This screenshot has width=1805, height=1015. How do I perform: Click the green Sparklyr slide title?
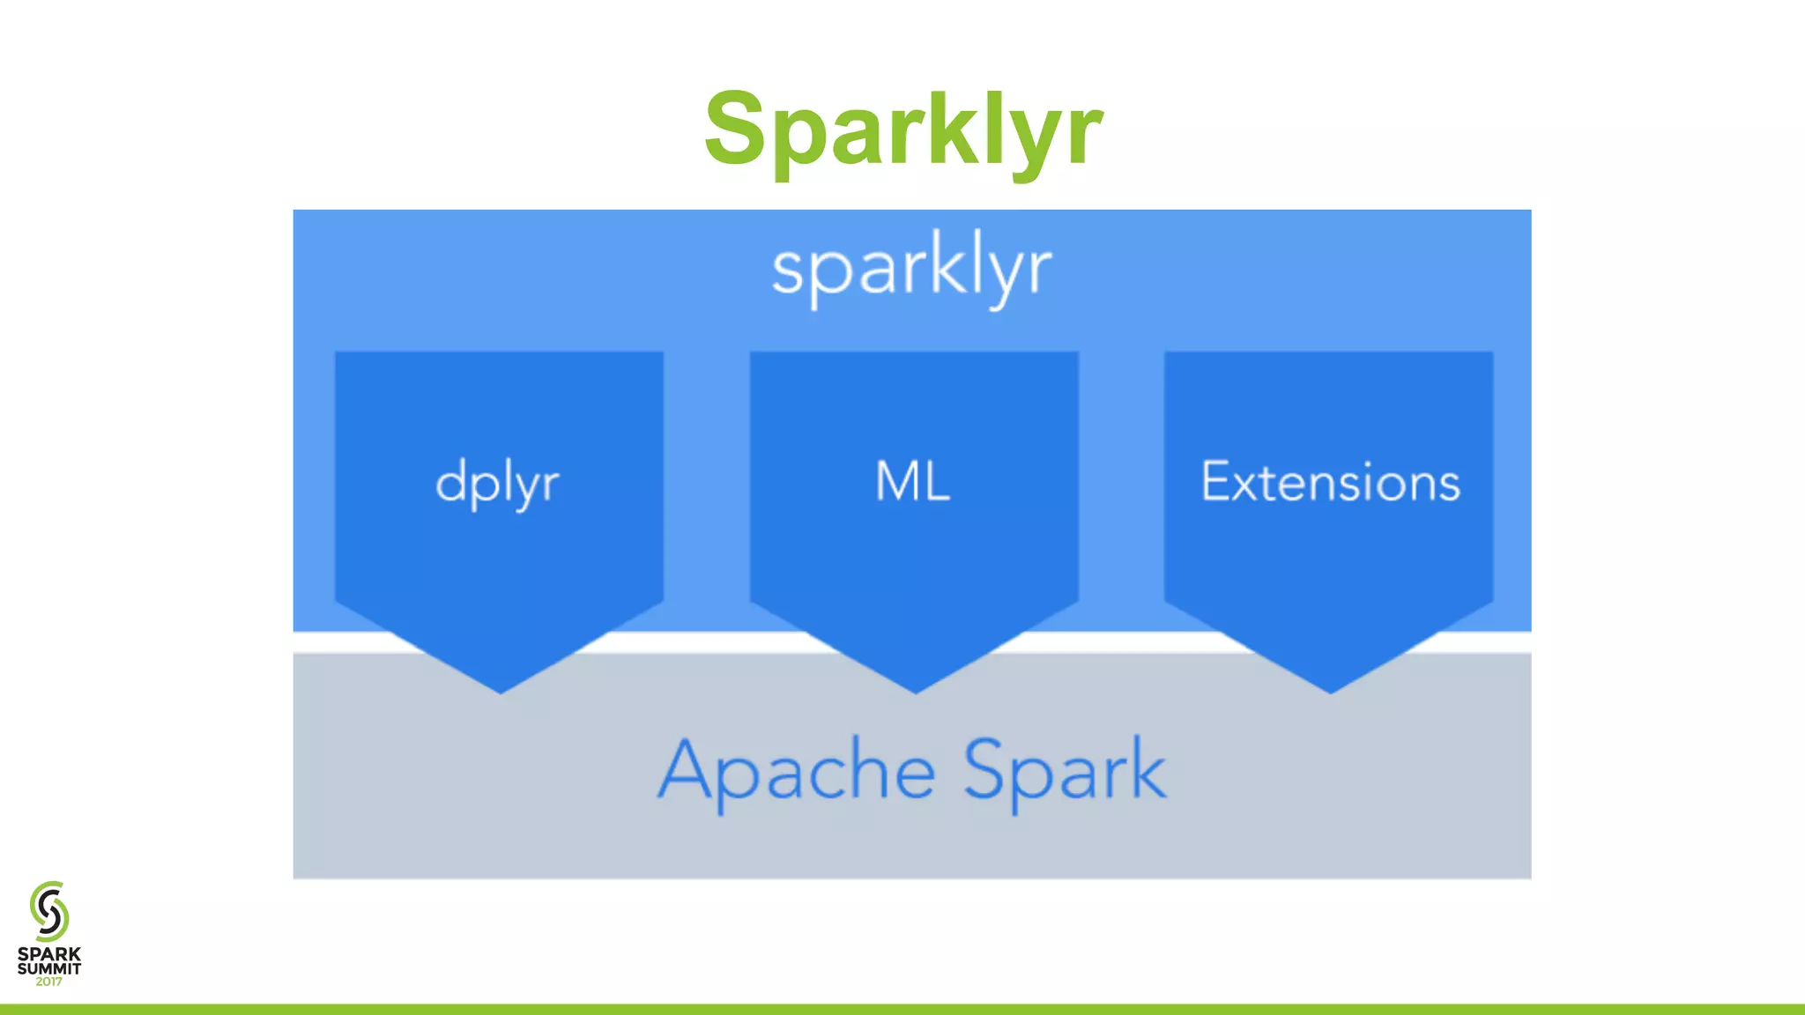coord(902,130)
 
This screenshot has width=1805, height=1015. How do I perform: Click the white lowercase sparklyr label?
coord(911,269)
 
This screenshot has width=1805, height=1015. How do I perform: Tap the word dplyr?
coord(498,483)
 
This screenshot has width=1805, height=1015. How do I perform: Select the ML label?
coord(913,482)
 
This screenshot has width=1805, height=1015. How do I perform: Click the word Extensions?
coord(1330,482)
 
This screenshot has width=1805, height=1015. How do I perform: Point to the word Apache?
coord(797,771)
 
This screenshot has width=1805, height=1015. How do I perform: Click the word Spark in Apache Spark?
coord(1065,771)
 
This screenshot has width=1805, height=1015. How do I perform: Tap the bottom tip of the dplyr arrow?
coord(501,691)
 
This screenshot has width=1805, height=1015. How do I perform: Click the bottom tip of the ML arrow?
coord(915,691)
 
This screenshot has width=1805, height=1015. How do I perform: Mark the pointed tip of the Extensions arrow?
coord(1330,691)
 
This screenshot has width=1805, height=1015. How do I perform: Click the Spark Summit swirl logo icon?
coord(49,911)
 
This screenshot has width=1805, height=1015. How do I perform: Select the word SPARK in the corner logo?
coord(49,954)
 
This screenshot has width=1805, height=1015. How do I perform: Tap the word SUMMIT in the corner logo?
coord(49,968)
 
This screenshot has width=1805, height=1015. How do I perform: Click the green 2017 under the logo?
coord(49,982)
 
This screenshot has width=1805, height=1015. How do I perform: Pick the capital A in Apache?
coord(686,768)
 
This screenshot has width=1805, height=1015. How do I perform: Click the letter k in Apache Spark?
coord(1146,768)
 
